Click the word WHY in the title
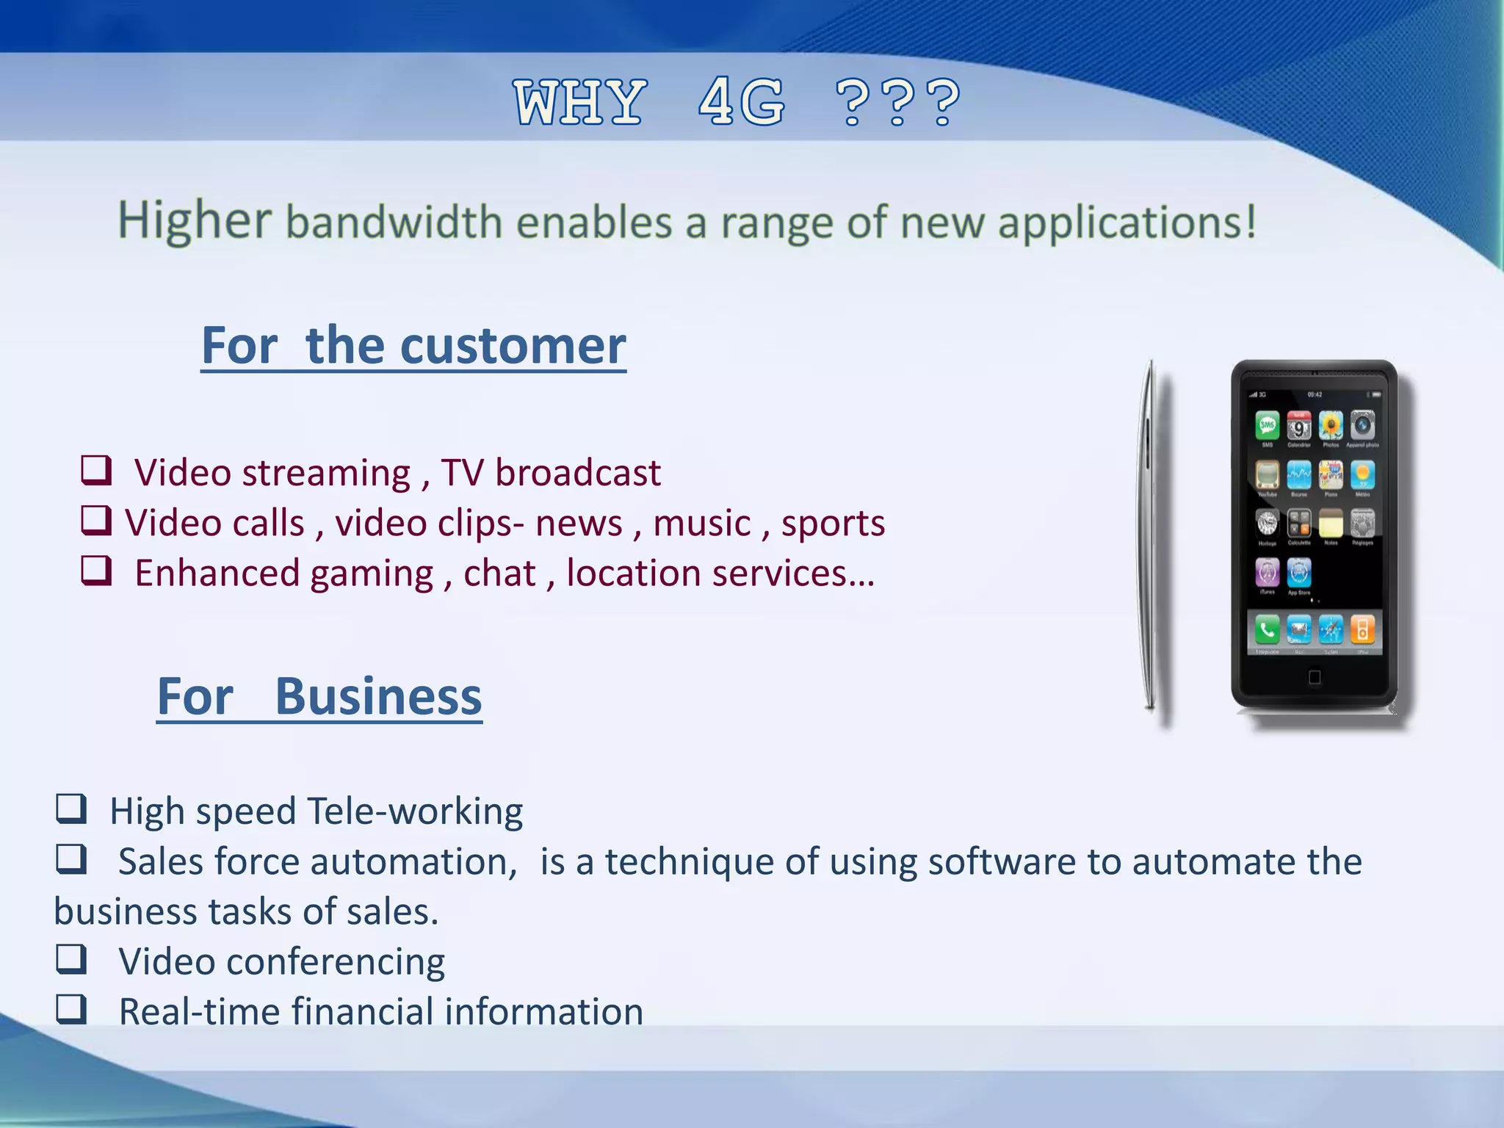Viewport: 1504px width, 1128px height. click(580, 103)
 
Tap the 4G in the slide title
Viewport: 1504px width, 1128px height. click(742, 103)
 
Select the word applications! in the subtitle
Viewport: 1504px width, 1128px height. click(1127, 223)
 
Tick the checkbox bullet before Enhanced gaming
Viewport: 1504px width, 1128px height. click(96, 571)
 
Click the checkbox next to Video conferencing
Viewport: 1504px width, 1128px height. click(72, 958)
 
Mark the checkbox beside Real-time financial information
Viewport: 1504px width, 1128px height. click(72, 1009)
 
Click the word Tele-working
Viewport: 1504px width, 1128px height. click(415, 811)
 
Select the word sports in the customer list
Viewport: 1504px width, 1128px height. click(833, 524)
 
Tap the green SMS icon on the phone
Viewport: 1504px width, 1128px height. click(1267, 425)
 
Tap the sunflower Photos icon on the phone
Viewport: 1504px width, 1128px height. click(1331, 425)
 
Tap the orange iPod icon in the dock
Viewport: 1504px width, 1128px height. click(1362, 629)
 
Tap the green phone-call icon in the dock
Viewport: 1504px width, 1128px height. click(1267, 629)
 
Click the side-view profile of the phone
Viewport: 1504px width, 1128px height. click(1150, 536)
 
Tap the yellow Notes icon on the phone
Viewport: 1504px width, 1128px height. click(1331, 524)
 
